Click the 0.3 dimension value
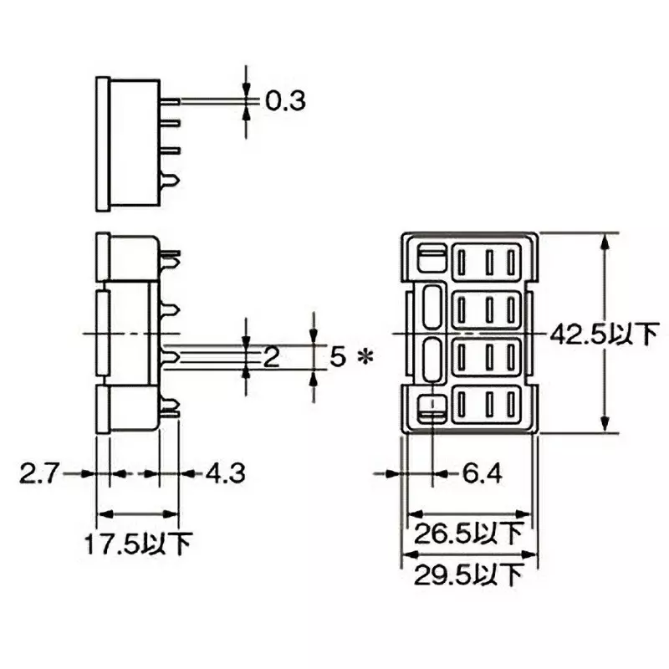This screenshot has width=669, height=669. tap(286, 102)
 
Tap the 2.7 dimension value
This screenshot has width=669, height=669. tap(39, 474)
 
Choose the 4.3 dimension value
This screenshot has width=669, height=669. tap(224, 474)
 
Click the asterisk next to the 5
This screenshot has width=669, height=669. tap(364, 358)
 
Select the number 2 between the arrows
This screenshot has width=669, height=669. tap(270, 358)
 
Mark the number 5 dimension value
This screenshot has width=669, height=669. tap(337, 358)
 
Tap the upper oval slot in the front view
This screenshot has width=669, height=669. tap(432, 308)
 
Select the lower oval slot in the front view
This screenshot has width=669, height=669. tap(432, 360)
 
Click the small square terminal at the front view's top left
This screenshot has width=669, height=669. tap(432, 257)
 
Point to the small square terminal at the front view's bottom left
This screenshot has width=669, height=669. tap(432, 408)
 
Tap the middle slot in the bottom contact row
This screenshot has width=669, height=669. tap(488, 406)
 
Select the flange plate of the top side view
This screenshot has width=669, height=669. tap(102, 143)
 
